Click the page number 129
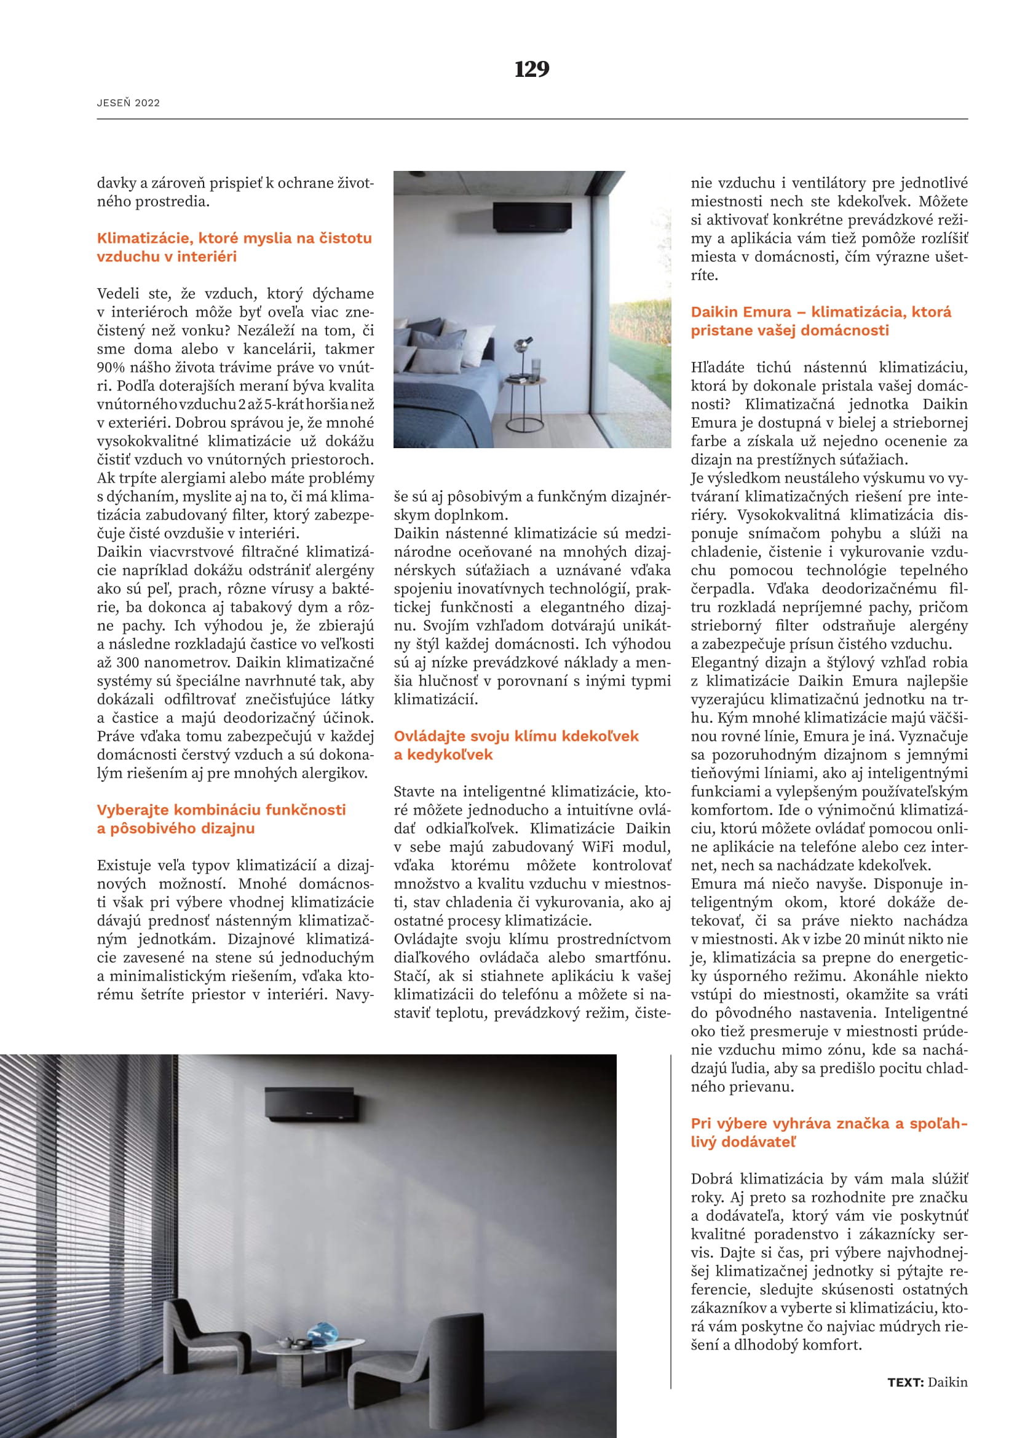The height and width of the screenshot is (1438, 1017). tap(532, 69)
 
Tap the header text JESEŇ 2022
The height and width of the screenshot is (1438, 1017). tap(129, 103)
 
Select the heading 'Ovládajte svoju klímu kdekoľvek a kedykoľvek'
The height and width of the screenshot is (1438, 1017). tap(516, 745)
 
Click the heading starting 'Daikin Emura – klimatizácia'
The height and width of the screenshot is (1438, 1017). tap(820, 321)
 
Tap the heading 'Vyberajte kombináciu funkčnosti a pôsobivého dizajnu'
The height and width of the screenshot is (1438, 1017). tap(221, 818)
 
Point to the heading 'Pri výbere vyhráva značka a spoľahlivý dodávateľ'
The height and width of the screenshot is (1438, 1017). tap(828, 1132)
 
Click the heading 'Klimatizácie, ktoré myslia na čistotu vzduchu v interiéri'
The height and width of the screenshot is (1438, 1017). tap(234, 247)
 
